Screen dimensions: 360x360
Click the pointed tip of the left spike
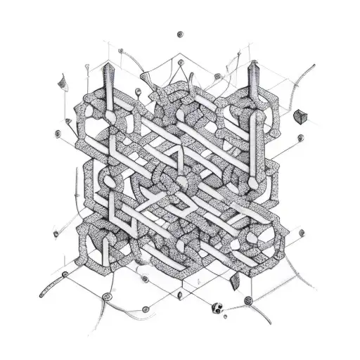[108, 62]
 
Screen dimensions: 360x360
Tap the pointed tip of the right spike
[252, 62]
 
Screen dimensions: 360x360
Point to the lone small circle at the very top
[181, 33]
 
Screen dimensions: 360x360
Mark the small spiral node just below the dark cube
[301, 138]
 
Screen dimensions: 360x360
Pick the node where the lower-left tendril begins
[65, 274]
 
